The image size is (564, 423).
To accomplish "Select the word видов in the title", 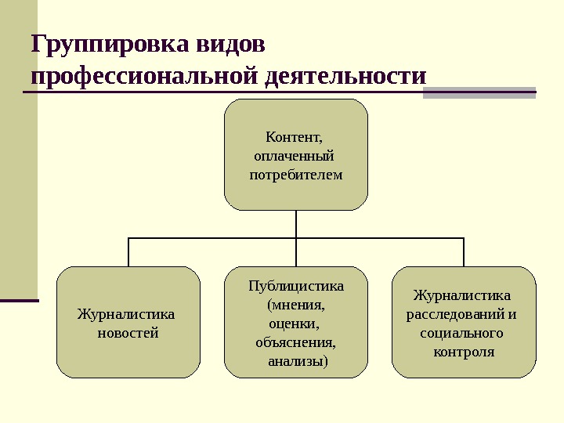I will pyautogui.click(x=233, y=44).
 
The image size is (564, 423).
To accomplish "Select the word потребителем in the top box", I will pyautogui.click(x=295, y=175).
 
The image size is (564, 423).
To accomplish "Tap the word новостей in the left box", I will pyautogui.click(x=128, y=333).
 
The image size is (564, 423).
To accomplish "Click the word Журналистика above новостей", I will pyautogui.click(x=125, y=314).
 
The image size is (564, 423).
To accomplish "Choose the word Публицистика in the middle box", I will pyautogui.click(x=295, y=285).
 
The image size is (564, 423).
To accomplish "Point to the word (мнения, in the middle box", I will pyautogui.click(x=295, y=304).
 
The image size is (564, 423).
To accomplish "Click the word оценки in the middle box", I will pyautogui.click(x=292, y=323).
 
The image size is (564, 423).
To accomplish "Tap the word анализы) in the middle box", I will pyautogui.click(x=298, y=361).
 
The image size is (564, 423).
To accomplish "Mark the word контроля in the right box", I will pyautogui.click(x=464, y=352).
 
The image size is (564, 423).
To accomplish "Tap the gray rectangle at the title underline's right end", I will pyautogui.click(x=479, y=93).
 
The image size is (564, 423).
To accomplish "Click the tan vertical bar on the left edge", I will pyautogui.click(x=19, y=149).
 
